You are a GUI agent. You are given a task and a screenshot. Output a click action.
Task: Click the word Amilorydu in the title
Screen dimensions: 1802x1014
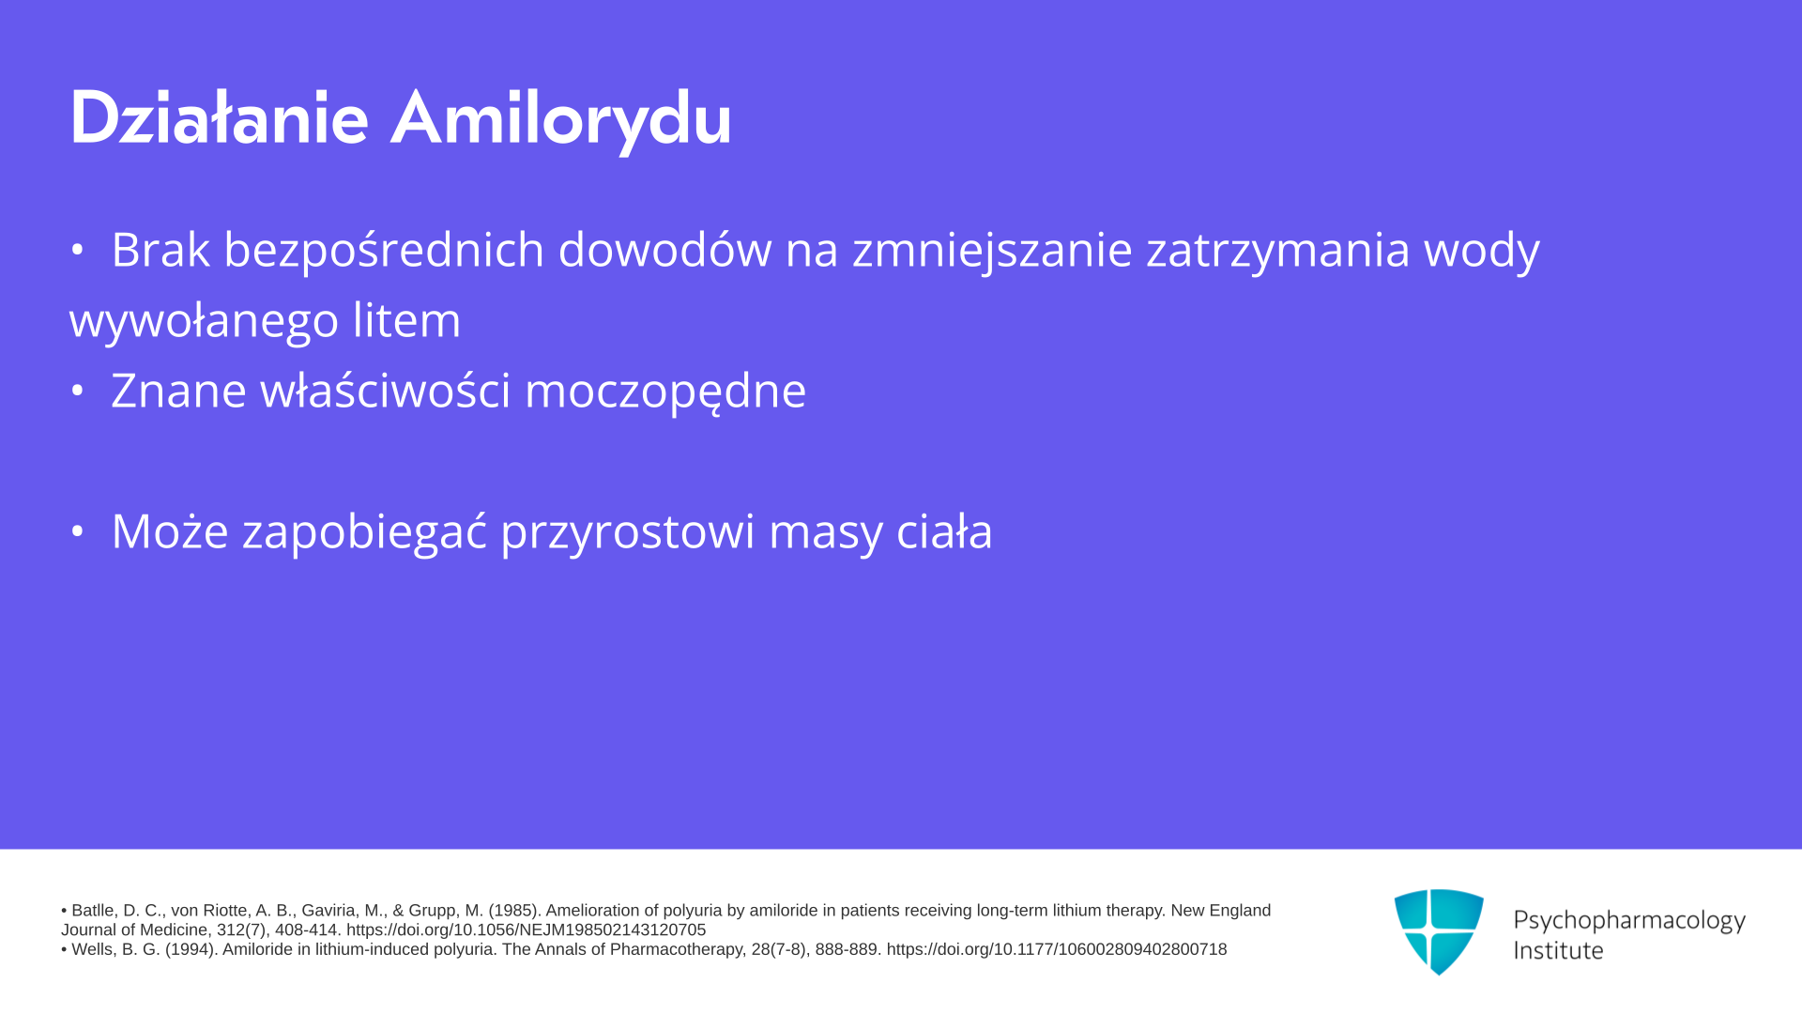point(561,120)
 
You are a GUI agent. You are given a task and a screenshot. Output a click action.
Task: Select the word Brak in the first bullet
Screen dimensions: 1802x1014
point(160,250)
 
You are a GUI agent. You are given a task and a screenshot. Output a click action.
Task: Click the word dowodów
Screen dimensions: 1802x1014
point(664,250)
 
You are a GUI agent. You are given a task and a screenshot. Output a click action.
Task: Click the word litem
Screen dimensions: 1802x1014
point(407,320)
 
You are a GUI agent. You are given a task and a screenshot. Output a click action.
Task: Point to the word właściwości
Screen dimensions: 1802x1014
point(385,391)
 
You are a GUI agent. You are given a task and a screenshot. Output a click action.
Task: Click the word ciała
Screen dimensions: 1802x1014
point(944,531)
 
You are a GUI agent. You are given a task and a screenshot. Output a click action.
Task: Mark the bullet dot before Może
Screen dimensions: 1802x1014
point(77,531)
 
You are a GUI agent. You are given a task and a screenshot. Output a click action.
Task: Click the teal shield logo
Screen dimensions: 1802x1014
point(1439,931)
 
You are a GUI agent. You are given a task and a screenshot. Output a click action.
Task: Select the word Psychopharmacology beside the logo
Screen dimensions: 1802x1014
point(1629,921)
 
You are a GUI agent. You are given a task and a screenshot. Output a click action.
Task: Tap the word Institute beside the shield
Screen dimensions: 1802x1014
point(1559,950)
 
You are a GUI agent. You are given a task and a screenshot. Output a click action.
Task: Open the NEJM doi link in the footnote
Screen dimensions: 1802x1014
point(526,930)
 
